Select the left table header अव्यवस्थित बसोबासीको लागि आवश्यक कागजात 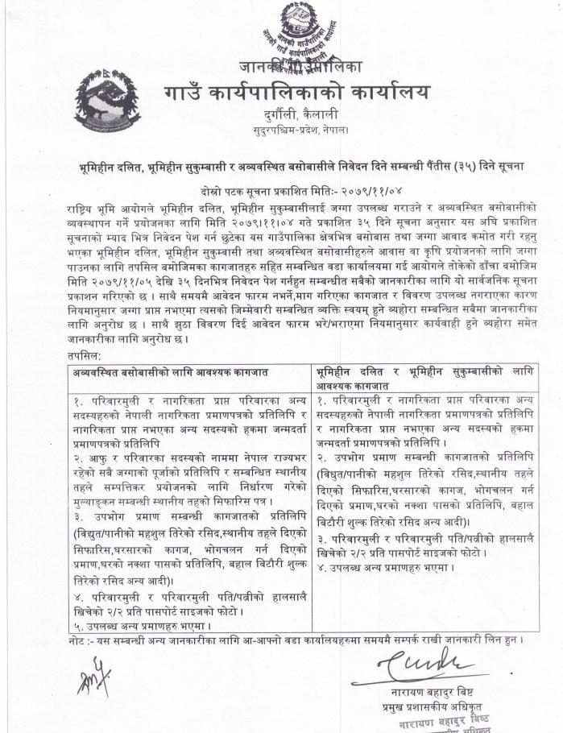[x=170, y=372]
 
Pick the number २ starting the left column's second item [x=77, y=458]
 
